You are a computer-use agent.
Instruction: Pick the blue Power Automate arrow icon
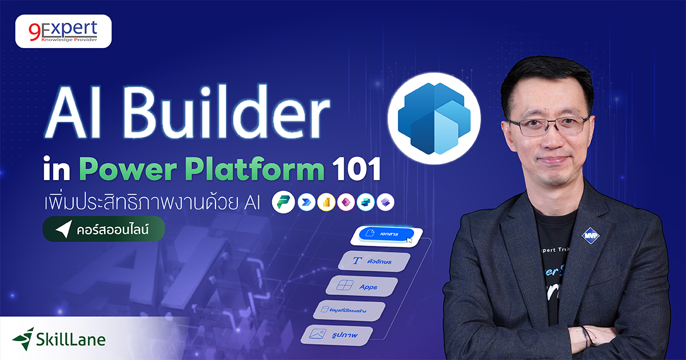click(307, 203)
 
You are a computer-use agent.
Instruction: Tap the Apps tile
click(361, 286)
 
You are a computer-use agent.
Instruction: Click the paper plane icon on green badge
click(62, 229)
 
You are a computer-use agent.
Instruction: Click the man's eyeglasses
click(547, 126)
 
